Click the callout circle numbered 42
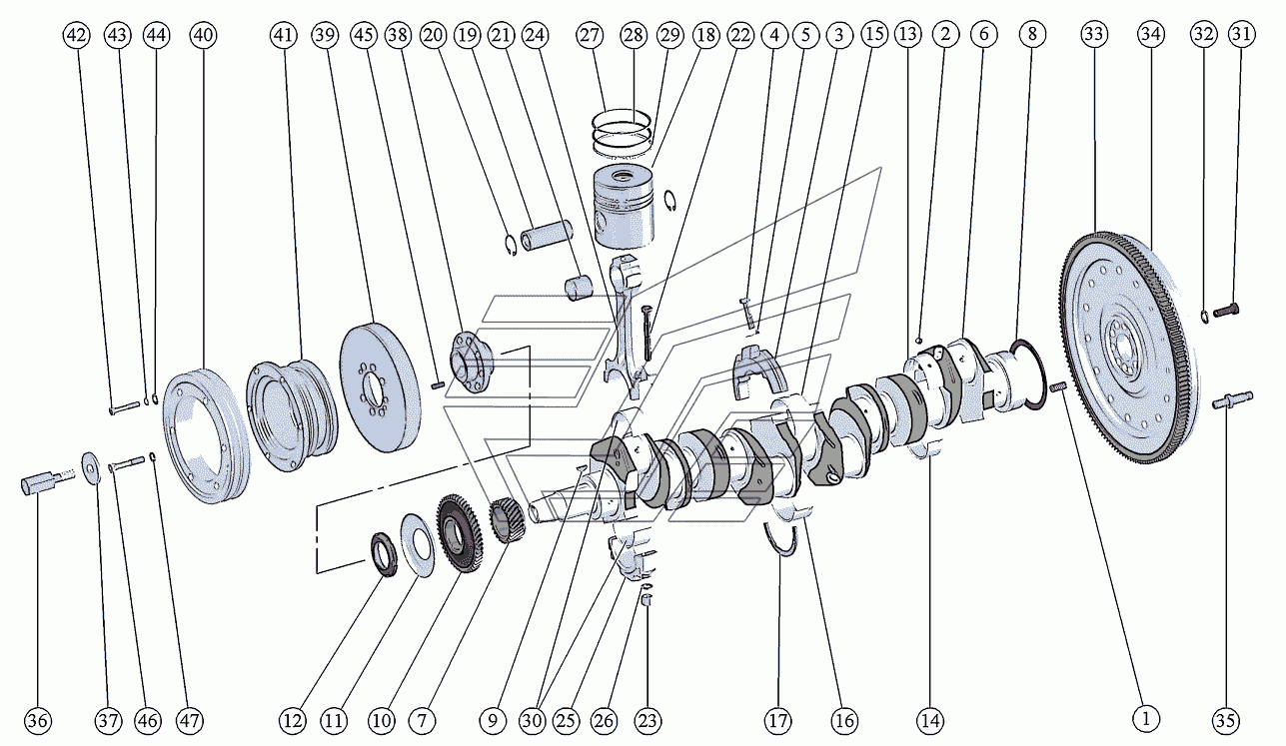pos(78,35)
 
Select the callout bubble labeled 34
pos(1151,34)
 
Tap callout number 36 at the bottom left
pos(38,720)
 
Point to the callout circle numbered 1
pos(1146,719)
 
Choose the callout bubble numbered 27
pos(590,35)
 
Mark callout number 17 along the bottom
pos(778,720)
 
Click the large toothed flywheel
pos(1128,348)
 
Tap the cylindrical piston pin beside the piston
pos(547,236)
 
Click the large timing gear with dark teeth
pos(460,532)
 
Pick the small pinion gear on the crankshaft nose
pos(506,520)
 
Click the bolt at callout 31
pos(1226,311)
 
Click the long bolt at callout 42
pos(124,408)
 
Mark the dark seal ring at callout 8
pos(1027,374)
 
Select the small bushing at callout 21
pos(579,288)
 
